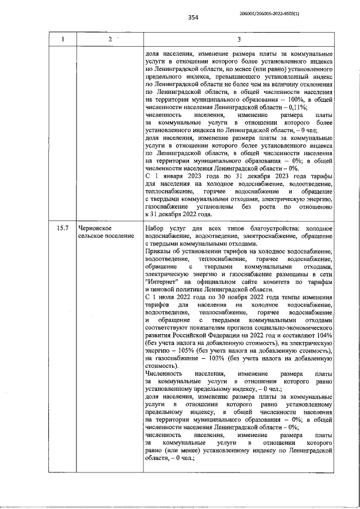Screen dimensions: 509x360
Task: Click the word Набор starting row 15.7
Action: pos(154,244)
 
